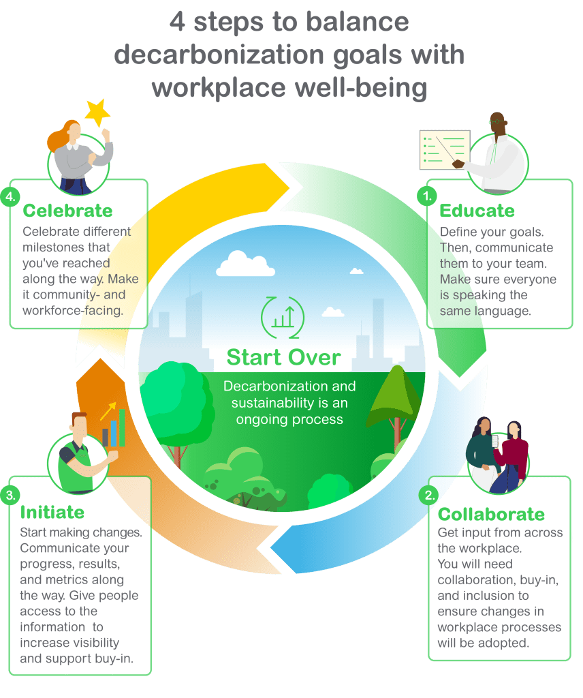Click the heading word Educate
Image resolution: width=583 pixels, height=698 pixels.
tap(477, 210)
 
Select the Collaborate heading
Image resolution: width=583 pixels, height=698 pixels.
tap(491, 514)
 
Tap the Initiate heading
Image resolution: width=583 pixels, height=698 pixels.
tap(52, 512)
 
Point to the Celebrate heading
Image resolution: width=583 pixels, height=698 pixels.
tap(67, 210)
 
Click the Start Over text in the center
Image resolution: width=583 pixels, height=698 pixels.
tap(284, 356)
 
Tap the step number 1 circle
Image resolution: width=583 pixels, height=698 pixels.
tap(427, 197)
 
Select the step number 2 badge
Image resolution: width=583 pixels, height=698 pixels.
tap(430, 496)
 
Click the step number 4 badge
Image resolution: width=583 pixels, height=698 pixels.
tap(10, 197)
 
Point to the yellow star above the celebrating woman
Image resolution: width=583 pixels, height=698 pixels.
tap(97, 112)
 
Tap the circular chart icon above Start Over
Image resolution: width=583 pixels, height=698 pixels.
tap(283, 316)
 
